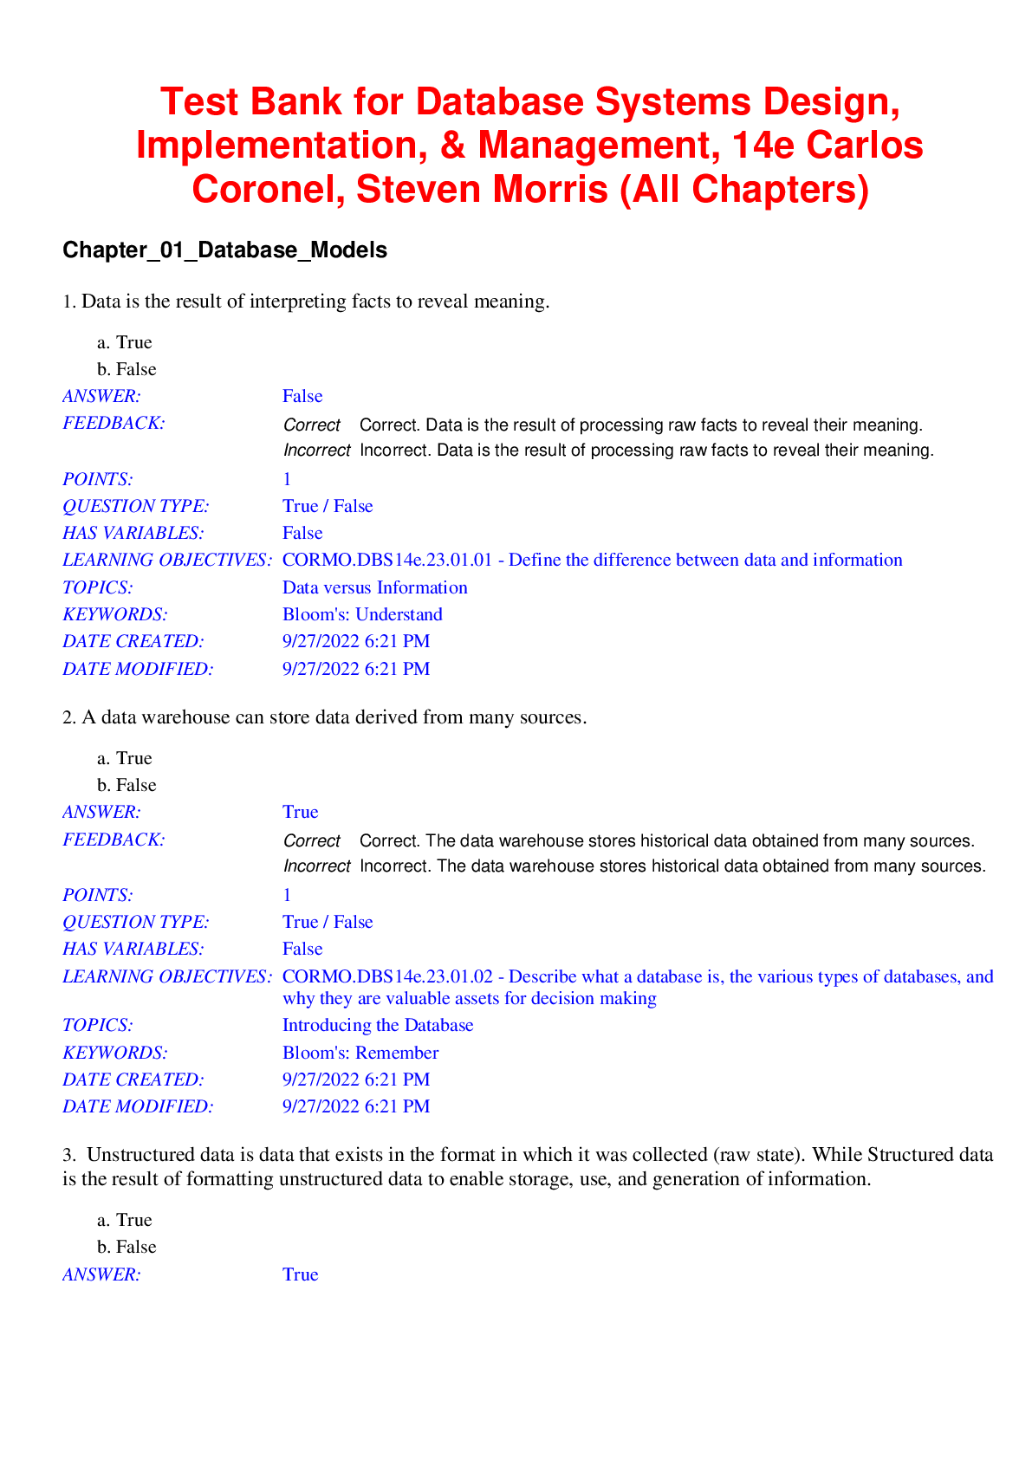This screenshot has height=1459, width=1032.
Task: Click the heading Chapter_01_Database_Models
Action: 224,250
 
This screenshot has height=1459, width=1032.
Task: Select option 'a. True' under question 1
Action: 125,342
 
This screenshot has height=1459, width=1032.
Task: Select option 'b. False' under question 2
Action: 127,785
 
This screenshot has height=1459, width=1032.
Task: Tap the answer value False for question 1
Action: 302,396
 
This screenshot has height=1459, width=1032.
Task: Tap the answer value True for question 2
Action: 300,812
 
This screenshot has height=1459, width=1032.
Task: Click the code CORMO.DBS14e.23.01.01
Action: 387,560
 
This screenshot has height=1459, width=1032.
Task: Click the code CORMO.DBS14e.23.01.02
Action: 387,976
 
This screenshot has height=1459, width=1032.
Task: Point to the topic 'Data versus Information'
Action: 374,587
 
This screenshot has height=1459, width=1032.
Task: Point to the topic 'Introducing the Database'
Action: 378,1025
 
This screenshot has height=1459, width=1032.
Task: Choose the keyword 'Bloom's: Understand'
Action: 362,614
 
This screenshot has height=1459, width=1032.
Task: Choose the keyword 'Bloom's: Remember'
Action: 360,1053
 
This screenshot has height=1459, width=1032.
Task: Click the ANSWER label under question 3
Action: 101,1274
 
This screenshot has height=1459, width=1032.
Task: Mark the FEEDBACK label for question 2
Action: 114,840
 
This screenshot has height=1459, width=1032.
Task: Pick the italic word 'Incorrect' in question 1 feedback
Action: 316,451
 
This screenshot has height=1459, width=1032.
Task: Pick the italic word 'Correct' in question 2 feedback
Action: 312,841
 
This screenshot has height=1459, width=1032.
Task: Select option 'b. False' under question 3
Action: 127,1247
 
